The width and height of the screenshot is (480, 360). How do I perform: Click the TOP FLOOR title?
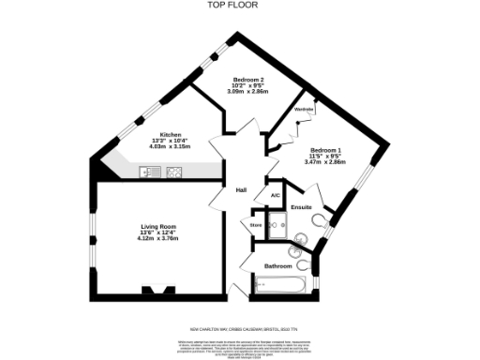[x=239, y=6]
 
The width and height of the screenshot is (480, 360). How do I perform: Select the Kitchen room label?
[x=170, y=134]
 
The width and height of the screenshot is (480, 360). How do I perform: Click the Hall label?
[x=241, y=190]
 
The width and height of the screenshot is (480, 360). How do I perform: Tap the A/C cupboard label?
[x=275, y=195]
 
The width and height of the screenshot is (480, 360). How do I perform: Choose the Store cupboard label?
[x=255, y=225]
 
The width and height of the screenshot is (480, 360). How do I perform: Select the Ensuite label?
[x=301, y=206]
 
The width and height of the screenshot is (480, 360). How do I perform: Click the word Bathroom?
[x=277, y=266]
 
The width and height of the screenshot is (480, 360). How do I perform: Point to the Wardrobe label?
[x=304, y=111]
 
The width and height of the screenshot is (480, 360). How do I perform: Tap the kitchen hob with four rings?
[x=173, y=172]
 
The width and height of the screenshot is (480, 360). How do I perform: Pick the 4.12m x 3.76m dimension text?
[x=157, y=239]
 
